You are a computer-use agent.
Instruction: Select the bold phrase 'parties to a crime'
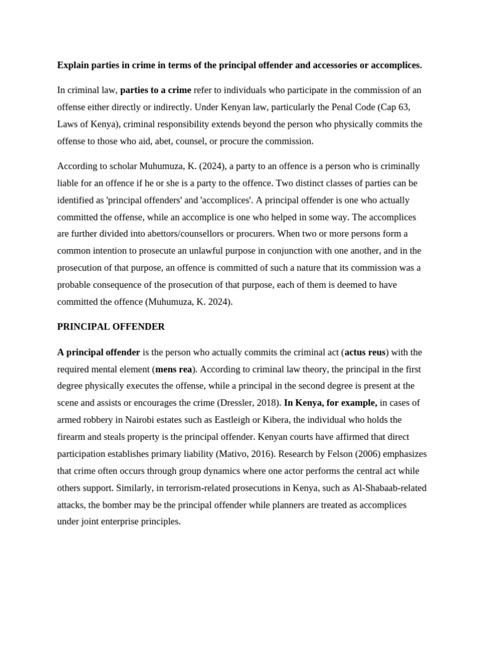click(156, 90)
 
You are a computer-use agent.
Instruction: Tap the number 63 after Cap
click(404, 107)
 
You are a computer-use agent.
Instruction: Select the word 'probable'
click(74, 285)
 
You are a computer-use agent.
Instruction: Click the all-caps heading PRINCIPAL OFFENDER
click(111, 326)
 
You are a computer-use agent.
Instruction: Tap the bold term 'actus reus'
click(365, 352)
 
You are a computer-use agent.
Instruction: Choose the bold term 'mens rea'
click(173, 369)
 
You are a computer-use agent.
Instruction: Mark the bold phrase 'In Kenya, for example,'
click(330, 402)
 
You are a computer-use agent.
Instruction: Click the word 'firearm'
click(73, 437)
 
